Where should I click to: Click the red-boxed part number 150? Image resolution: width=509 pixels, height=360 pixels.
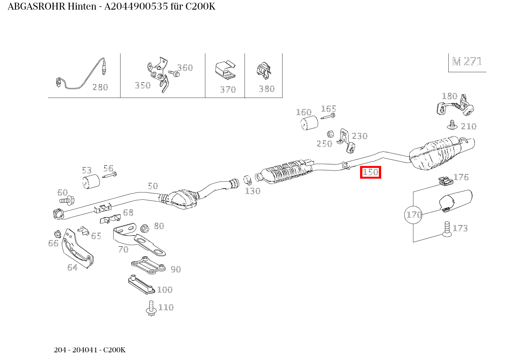tap(370, 173)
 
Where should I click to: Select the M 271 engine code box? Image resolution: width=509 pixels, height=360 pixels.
tap(467, 62)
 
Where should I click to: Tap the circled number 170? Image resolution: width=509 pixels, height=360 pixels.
tap(414, 215)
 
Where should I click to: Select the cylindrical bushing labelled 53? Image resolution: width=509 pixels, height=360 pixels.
tap(91, 181)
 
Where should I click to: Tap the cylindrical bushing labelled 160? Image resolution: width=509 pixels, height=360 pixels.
tap(309, 123)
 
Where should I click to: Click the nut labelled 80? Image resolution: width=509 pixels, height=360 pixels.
tap(145, 228)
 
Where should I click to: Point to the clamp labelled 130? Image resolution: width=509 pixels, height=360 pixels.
tap(248, 179)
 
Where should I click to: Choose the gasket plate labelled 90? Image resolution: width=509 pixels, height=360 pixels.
tap(148, 265)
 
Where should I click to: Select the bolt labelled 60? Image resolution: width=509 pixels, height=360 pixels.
tap(67, 200)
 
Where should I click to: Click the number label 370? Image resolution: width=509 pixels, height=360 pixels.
tap(228, 90)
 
